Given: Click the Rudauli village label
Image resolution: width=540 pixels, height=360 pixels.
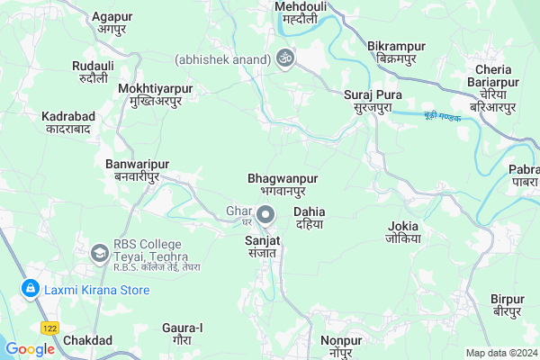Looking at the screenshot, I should pyautogui.click(x=94, y=71).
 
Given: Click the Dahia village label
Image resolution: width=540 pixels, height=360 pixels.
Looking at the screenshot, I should pyautogui.click(x=309, y=218).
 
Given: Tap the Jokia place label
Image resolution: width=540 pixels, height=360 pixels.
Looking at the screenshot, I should pyautogui.click(x=403, y=231).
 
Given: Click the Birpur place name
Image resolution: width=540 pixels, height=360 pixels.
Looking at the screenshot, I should pyautogui.click(x=507, y=304).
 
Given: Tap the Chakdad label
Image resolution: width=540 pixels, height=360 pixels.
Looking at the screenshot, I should pyautogui.click(x=87, y=340).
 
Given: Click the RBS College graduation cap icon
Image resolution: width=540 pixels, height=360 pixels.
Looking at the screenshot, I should pyautogui.click(x=97, y=253).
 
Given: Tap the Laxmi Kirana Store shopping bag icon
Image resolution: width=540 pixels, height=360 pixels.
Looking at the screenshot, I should pyautogui.click(x=31, y=289).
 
